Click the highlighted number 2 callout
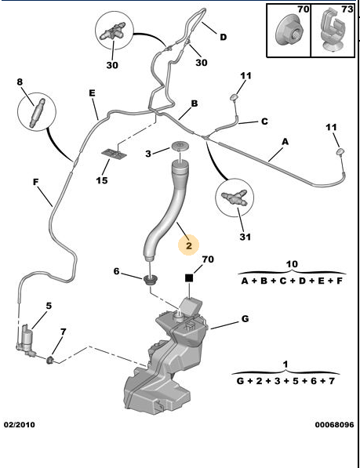189,245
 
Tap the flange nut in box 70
289,31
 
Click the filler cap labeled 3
180,147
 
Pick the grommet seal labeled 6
151,280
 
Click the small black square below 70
189,278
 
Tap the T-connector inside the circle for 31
235,198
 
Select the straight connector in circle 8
37,113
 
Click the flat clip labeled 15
114,154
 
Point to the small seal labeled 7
50,359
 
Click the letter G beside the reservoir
245,319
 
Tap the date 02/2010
20,424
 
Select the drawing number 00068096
334,424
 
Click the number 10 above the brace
292,264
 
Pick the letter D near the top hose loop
224,37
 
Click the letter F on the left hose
36,182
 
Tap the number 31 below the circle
245,237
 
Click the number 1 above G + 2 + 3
285,365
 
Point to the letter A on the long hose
285,141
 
